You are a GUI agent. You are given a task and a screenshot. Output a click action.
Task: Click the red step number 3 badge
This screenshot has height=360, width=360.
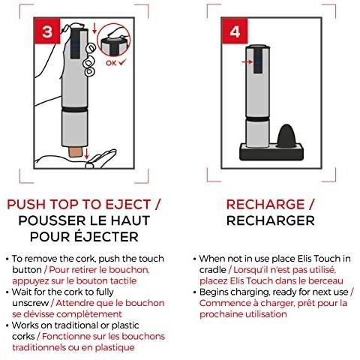(47, 31)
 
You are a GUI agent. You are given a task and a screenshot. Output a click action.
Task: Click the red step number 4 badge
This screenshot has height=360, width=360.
(235, 31)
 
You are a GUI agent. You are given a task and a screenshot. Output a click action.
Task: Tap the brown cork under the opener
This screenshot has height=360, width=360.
(76, 151)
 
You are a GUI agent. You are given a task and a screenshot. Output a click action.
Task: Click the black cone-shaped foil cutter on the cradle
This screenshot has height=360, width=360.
(286, 136)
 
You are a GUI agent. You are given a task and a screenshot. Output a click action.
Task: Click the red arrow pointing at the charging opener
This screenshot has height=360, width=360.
(247, 61)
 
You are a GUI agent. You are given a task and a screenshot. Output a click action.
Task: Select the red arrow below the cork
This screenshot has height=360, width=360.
(86, 153)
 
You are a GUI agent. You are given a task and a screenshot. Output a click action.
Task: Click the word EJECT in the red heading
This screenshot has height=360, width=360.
(128, 205)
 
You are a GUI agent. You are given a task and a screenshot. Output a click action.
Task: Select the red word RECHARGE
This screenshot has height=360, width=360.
(265, 205)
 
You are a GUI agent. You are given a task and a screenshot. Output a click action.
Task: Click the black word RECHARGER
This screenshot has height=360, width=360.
(271, 220)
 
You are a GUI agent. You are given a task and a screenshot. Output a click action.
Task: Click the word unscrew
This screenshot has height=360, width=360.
(31, 303)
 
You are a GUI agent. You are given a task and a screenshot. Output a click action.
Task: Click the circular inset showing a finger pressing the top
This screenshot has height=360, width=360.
(114, 40)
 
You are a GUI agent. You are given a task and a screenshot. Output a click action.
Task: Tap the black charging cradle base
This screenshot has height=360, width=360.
(271, 151)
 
